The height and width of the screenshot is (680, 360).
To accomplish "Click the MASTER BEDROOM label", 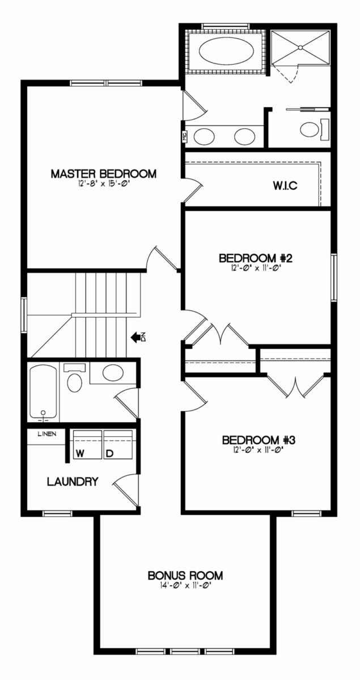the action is click(x=104, y=174).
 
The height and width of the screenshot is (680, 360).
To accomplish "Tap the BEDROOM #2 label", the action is click(x=256, y=258).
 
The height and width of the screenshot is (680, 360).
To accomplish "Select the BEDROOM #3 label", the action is click(x=259, y=440).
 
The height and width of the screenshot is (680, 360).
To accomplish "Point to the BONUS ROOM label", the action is click(x=185, y=575).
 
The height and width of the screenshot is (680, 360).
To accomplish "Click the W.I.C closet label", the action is click(x=285, y=185).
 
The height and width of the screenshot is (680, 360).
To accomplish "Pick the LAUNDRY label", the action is click(x=73, y=482).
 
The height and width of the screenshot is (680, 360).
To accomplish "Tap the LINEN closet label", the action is click(x=47, y=434).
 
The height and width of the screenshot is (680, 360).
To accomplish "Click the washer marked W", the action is click(x=87, y=444).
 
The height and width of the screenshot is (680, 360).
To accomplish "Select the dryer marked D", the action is click(x=118, y=444).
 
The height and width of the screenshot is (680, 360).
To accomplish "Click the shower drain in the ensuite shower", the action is click(x=300, y=48).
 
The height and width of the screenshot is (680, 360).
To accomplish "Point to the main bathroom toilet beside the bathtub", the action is click(x=74, y=379).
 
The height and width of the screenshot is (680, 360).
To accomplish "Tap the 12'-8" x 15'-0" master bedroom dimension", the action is click(x=104, y=184).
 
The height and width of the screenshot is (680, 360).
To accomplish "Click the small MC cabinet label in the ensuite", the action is click(x=184, y=137).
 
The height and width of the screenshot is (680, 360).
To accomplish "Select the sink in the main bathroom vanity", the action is click(x=113, y=373).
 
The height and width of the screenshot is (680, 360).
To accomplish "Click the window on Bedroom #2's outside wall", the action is click(x=334, y=277).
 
